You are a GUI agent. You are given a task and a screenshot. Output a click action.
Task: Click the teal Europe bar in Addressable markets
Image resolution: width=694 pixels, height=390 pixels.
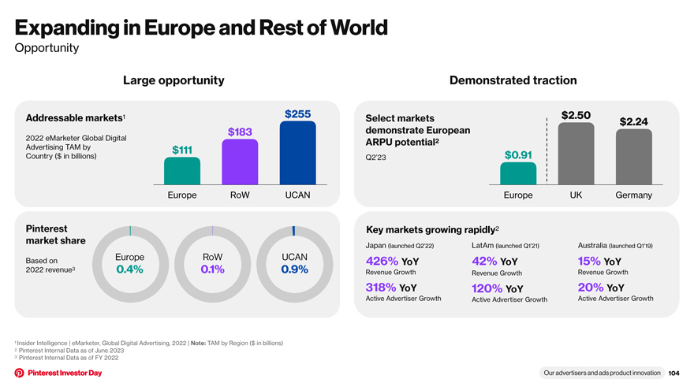(x=182, y=171)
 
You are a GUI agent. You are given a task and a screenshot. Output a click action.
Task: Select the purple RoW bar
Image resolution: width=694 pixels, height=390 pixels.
(x=240, y=162)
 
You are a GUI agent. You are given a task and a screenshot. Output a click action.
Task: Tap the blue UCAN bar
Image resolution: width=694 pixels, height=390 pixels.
(x=298, y=153)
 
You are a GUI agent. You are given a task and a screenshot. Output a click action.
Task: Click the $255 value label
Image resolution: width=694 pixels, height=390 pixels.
(x=298, y=114)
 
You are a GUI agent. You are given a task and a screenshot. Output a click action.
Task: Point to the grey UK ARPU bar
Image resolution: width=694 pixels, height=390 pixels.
(x=576, y=154)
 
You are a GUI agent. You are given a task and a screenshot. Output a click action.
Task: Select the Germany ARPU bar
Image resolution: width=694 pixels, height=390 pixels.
(x=634, y=157)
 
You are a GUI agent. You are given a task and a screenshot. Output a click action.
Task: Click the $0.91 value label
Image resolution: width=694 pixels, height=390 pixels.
(x=518, y=155)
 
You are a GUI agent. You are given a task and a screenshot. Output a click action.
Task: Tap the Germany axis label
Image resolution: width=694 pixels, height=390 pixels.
(x=634, y=195)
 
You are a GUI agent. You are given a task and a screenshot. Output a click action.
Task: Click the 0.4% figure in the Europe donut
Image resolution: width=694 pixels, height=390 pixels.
(x=129, y=269)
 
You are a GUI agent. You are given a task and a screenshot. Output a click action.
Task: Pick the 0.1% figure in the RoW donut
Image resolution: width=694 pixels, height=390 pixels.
(x=212, y=269)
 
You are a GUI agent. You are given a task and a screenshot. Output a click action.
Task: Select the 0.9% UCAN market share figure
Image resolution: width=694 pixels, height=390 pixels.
(x=295, y=269)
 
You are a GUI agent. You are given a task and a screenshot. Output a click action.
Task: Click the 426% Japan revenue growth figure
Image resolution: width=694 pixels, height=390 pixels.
(x=382, y=261)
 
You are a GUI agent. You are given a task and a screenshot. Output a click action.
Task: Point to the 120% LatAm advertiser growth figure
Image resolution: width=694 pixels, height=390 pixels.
(x=487, y=288)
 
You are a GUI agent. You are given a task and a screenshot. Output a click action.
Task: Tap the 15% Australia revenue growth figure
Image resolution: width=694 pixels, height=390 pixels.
(x=589, y=261)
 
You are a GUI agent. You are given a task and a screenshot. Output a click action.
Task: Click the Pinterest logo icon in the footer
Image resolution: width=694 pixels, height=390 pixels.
(x=20, y=373)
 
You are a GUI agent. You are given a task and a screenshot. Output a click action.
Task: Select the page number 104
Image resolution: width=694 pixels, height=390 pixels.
(x=673, y=373)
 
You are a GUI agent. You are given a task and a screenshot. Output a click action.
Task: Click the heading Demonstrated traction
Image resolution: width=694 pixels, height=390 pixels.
(x=513, y=80)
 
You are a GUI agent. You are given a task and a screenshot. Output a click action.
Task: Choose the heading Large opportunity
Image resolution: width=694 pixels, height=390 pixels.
(x=173, y=80)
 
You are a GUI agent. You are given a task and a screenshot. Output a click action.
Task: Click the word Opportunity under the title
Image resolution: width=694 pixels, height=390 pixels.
(x=47, y=48)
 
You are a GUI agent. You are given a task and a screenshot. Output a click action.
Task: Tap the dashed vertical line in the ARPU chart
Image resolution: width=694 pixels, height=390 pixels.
(x=547, y=150)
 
